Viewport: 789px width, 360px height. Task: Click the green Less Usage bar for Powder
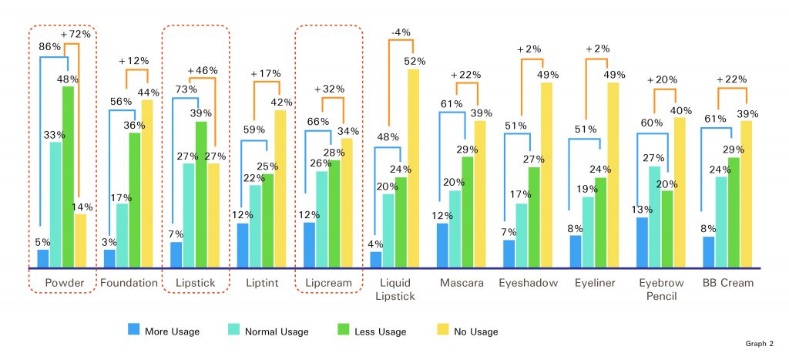69,177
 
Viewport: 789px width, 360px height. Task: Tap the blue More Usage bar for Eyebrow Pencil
642,243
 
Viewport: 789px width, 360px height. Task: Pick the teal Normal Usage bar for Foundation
122,236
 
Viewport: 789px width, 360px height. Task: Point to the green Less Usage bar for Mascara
468,212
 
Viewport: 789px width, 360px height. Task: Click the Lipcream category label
328,283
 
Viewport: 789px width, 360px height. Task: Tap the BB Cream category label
727,283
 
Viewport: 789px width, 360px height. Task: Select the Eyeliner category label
595,283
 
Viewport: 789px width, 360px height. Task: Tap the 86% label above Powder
50,46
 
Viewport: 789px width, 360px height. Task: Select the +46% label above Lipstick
203,70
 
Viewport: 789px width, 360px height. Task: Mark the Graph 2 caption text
760,343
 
